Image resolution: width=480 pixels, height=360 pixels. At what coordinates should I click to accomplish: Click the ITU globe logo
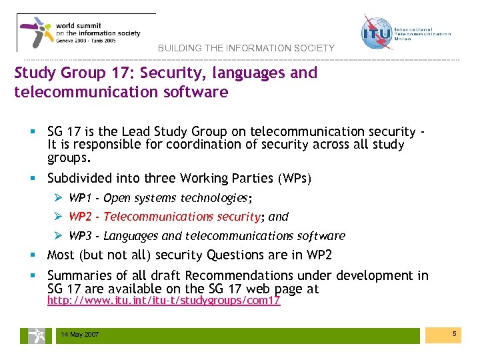[x=377, y=32]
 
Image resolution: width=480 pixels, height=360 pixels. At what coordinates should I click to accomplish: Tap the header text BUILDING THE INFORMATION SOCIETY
[x=246, y=48]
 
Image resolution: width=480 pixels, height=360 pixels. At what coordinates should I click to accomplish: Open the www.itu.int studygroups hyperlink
[x=163, y=301]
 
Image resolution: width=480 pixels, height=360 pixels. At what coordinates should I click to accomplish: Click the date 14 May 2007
[x=79, y=335]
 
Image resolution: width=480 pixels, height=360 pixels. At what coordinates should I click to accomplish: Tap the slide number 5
[x=453, y=333]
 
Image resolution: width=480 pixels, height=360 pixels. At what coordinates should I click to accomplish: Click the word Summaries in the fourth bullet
[x=79, y=275]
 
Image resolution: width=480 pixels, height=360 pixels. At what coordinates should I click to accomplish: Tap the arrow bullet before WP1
[x=58, y=198]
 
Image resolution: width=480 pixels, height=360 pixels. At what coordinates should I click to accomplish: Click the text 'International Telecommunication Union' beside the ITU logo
[x=423, y=34]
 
